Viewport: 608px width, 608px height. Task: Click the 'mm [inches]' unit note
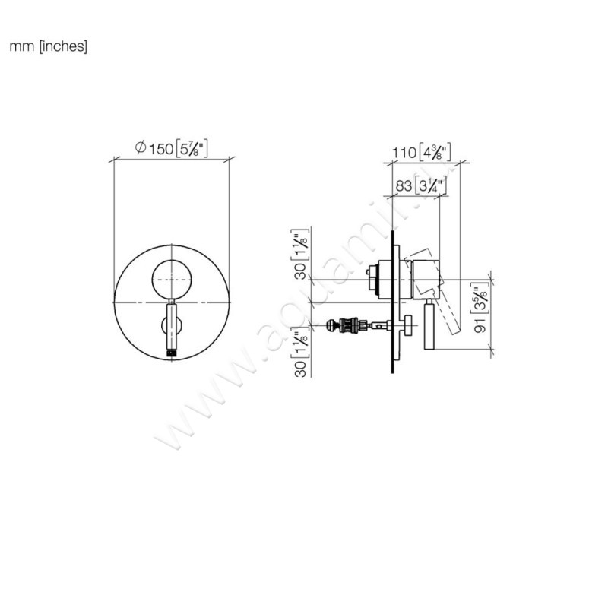(x=49, y=47)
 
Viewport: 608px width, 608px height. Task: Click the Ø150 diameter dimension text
(x=172, y=149)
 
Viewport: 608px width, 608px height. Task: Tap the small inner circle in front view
(x=172, y=280)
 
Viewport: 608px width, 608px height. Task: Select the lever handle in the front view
(x=173, y=327)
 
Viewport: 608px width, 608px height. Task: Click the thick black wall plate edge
(x=394, y=304)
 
